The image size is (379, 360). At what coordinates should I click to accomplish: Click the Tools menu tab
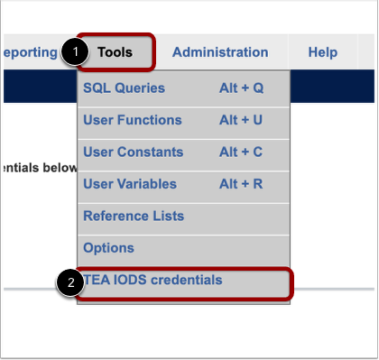(x=116, y=52)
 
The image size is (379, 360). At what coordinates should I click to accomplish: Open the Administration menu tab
(x=220, y=52)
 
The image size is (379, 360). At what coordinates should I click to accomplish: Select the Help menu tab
(x=322, y=52)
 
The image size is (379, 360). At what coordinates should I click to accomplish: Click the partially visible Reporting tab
(x=30, y=52)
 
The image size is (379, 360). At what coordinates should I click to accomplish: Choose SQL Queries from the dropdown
(x=125, y=88)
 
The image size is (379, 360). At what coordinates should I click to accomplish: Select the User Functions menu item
(x=133, y=120)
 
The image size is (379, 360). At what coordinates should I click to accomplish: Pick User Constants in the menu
(x=134, y=152)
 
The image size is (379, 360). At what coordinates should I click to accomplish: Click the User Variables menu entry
(x=130, y=184)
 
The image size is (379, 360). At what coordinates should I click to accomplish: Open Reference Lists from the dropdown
(x=134, y=217)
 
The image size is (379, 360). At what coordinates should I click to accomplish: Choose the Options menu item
(x=108, y=248)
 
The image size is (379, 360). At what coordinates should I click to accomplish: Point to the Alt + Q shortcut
(x=241, y=88)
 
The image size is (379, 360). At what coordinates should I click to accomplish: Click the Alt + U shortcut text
(x=241, y=120)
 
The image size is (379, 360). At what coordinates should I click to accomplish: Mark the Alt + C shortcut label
(x=241, y=152)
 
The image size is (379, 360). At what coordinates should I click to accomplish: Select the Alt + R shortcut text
(x=241, y=184)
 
